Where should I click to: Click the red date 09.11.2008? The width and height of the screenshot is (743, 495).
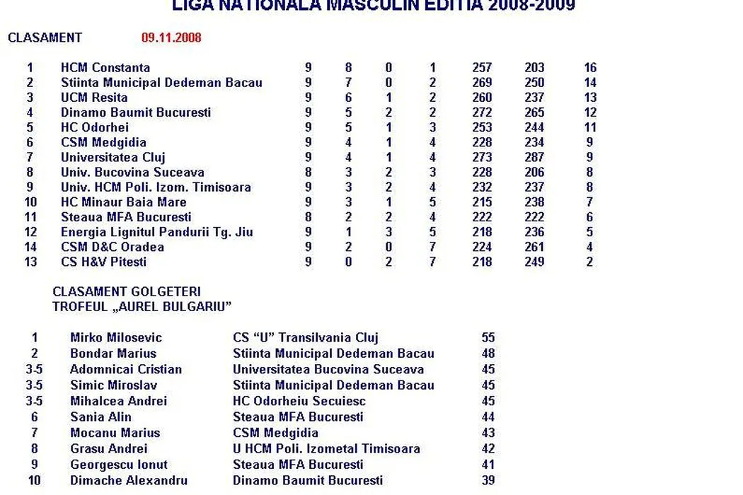pos(171,37)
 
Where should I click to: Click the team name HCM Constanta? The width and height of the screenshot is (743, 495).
pos(105,68)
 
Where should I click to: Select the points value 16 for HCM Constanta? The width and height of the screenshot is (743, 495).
pos(590,68)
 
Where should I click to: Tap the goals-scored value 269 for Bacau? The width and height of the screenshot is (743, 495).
pos(482,83)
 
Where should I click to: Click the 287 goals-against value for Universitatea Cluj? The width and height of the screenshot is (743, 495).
pos(534,158)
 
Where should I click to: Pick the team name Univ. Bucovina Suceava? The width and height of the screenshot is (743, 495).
pos(132,173)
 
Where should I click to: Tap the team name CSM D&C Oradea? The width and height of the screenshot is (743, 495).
pos(113,247)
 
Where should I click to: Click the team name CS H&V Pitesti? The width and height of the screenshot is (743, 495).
pos(104,262)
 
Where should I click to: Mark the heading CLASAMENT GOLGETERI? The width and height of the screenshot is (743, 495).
pos(127,291)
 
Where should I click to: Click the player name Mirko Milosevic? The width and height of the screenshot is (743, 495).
pos(116,338)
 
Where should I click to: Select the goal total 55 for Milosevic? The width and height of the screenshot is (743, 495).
pos(488,338)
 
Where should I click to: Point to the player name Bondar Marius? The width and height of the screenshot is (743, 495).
pos(113,354)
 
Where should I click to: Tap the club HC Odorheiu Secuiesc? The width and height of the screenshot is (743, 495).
pos(299,401)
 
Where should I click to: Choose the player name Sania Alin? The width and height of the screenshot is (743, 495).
pos(100,417)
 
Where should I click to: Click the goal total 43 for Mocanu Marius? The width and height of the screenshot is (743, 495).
pos(488,433)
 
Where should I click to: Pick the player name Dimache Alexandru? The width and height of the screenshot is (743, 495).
pos(129,481)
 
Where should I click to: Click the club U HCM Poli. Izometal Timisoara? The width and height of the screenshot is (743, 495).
pos(326,448)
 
